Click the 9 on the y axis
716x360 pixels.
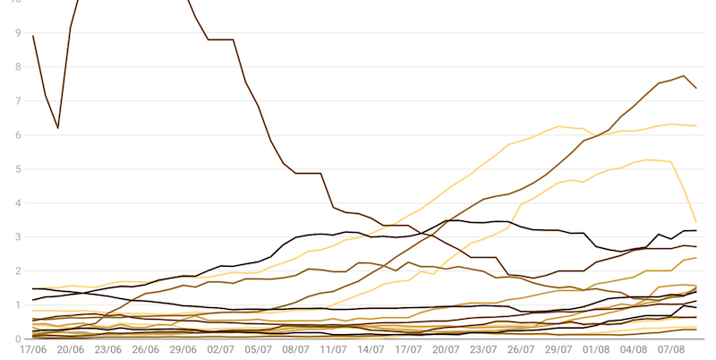tap(18, 33)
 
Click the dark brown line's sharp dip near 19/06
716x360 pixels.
tap(58, 128)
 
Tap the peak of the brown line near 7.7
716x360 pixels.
tap(684, 76)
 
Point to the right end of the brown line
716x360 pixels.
tap(696, 88)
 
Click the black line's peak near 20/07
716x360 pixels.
tap(453, 220)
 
